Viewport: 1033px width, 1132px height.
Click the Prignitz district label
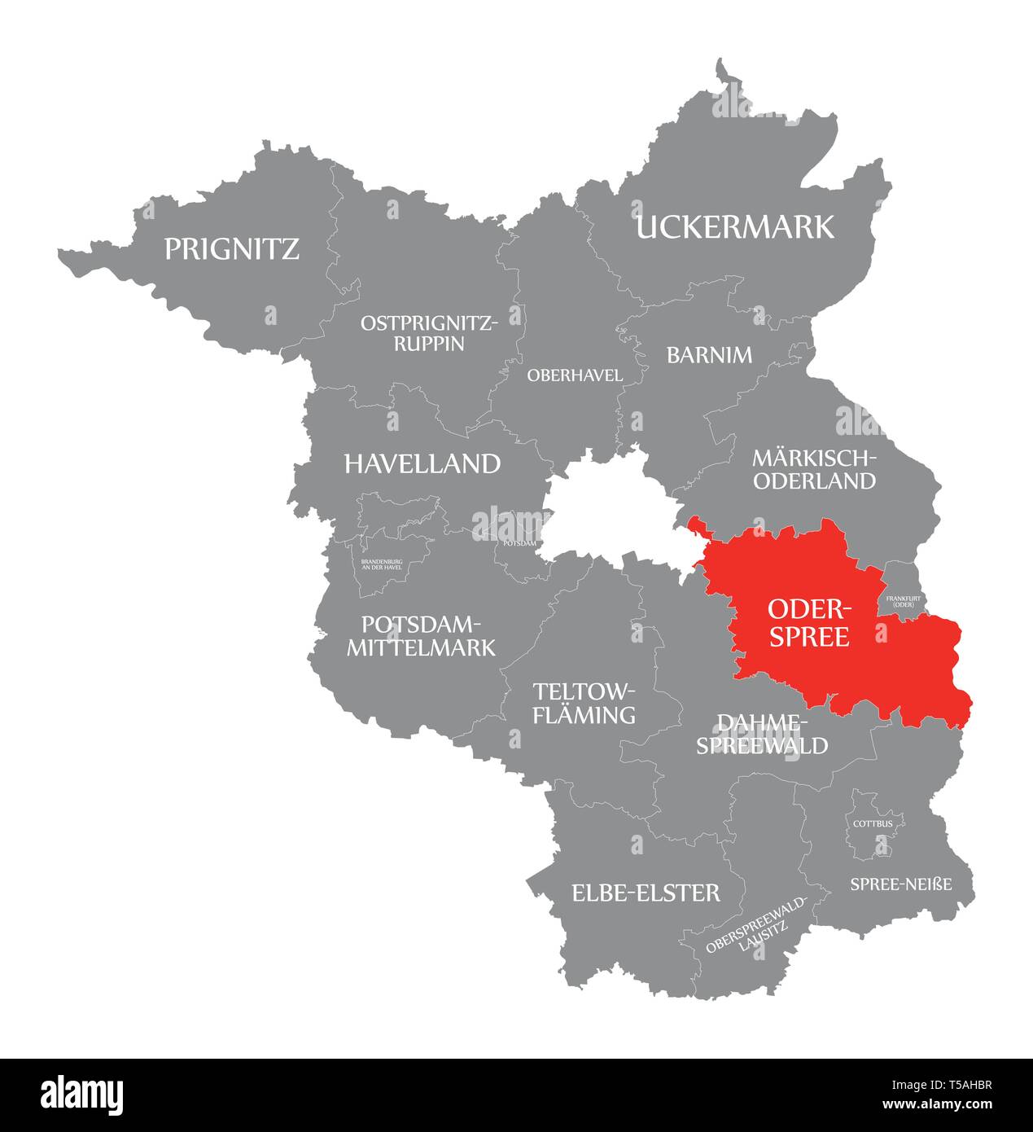pyautogui.click(x=232, y=248)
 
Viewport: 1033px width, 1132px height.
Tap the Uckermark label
pyautogui.click(x=734, y=227)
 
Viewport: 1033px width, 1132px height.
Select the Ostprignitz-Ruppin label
pyautogui.click(x=429, y=333)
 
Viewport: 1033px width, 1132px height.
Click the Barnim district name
pyautogui.click(x=709, y=355)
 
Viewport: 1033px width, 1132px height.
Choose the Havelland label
pyautogui.click(x=422, y=464)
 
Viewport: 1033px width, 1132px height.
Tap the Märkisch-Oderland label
pyautogui.click(x=814, y=469)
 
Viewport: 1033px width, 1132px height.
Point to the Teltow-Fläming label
pyautogui.click(x=583, y=704)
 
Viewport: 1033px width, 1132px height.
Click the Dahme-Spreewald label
pyautogui.click(x=761, y=734)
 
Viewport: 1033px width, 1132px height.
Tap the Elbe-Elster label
pyautogui.click(x=646, y=893)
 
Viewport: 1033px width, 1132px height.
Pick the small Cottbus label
pyautogui.click(x=873, y=823)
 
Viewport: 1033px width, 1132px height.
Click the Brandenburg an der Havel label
pyautogui.click(x=381, y=564)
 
